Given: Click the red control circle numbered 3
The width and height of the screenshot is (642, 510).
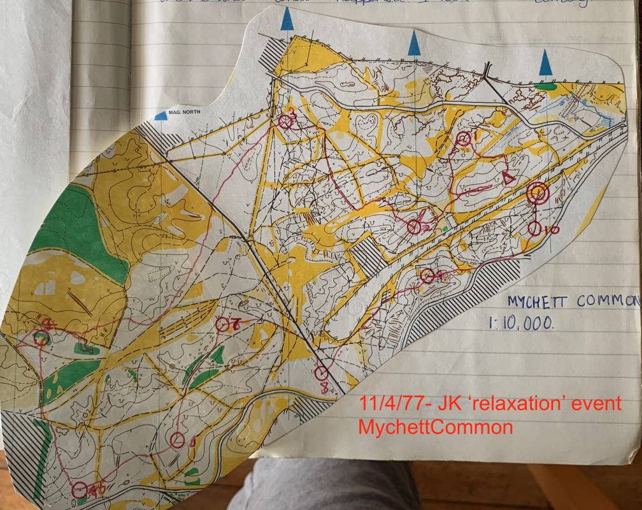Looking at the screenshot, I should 285,120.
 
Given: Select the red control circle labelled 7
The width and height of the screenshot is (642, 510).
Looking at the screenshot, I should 222,324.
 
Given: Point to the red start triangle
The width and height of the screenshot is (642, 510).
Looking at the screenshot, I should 508,178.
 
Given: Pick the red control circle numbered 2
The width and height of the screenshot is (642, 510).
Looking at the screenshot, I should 414,225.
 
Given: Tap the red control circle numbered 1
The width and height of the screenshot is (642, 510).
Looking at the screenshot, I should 464,138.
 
